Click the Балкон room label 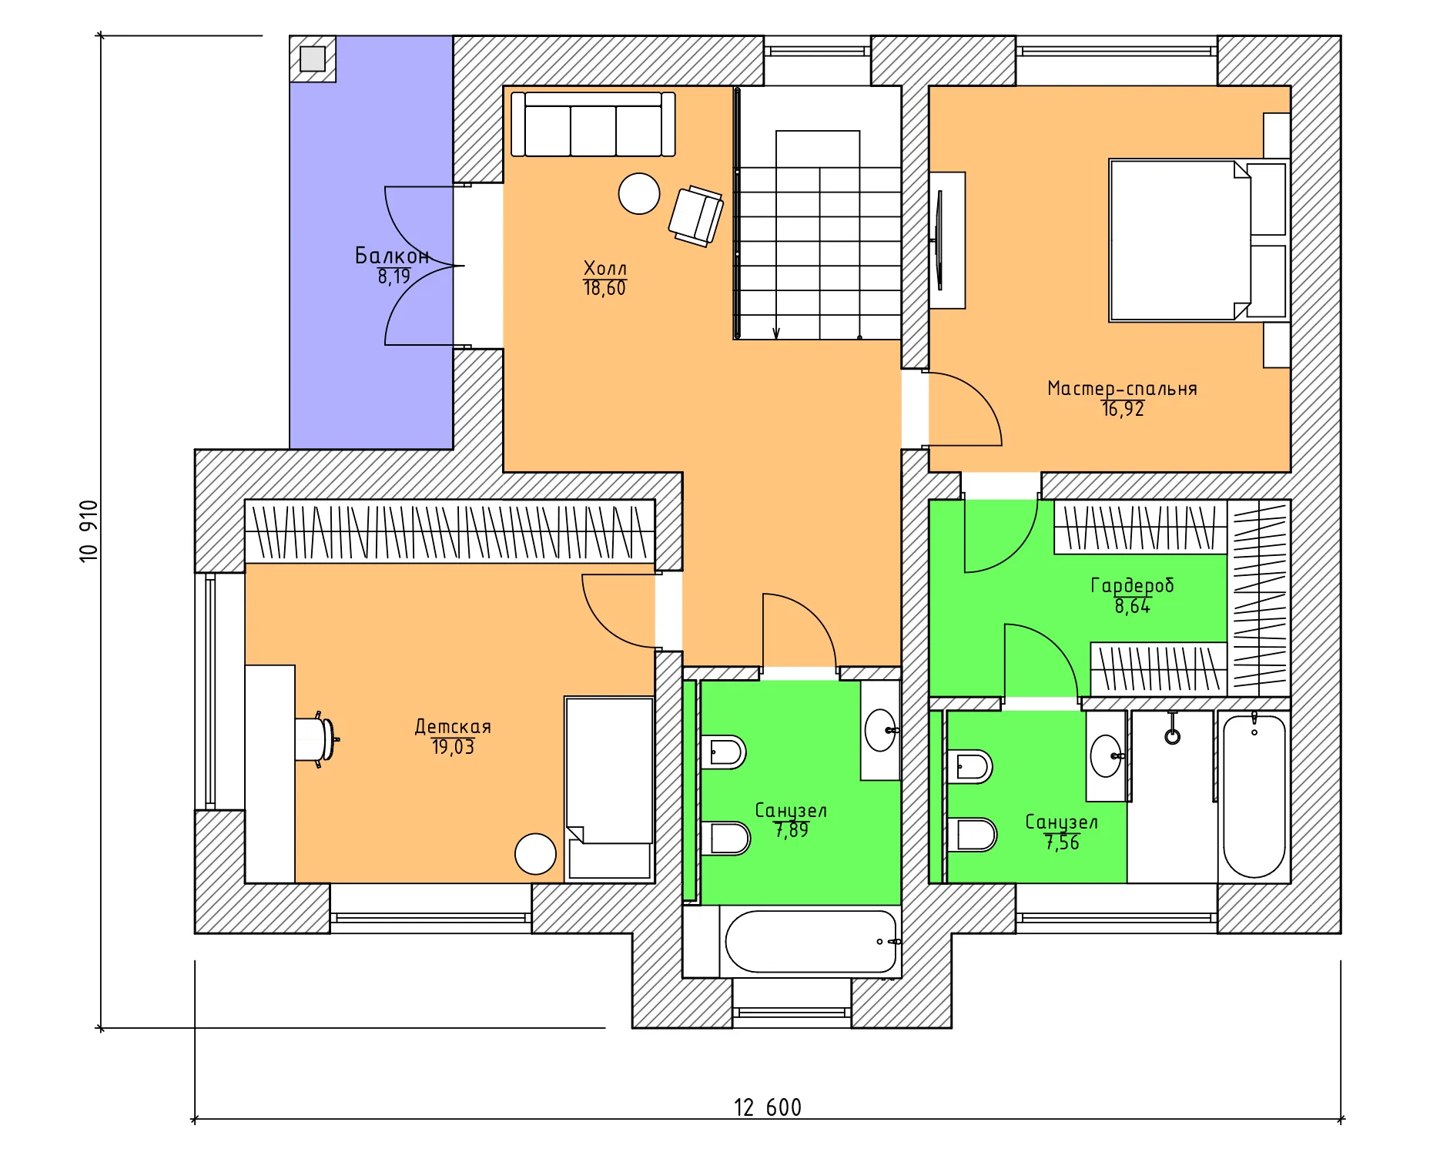(x=392, y=255)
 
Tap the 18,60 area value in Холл (x=604, y=288)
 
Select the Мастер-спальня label (x=1122, y=389)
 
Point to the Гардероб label (x=1132, y=585)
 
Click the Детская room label (x=453, y=726)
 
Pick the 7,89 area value (x=792, y=830)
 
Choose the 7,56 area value (x=1062, y=842)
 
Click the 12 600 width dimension (x=767, y=1107)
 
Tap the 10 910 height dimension (x=89, y=531)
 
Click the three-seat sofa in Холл (x=593, y=125)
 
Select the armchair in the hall (x=696, y=216)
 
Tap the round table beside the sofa (x=639, y=193)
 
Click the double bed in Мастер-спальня (x=1198, y=240)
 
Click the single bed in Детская (x=609, y=789)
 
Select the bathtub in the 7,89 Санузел (x=811, y=941)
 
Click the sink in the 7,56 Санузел (x=1107, y=756)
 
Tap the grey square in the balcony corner (x=313, y=59)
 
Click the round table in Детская (x=535, y=854)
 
